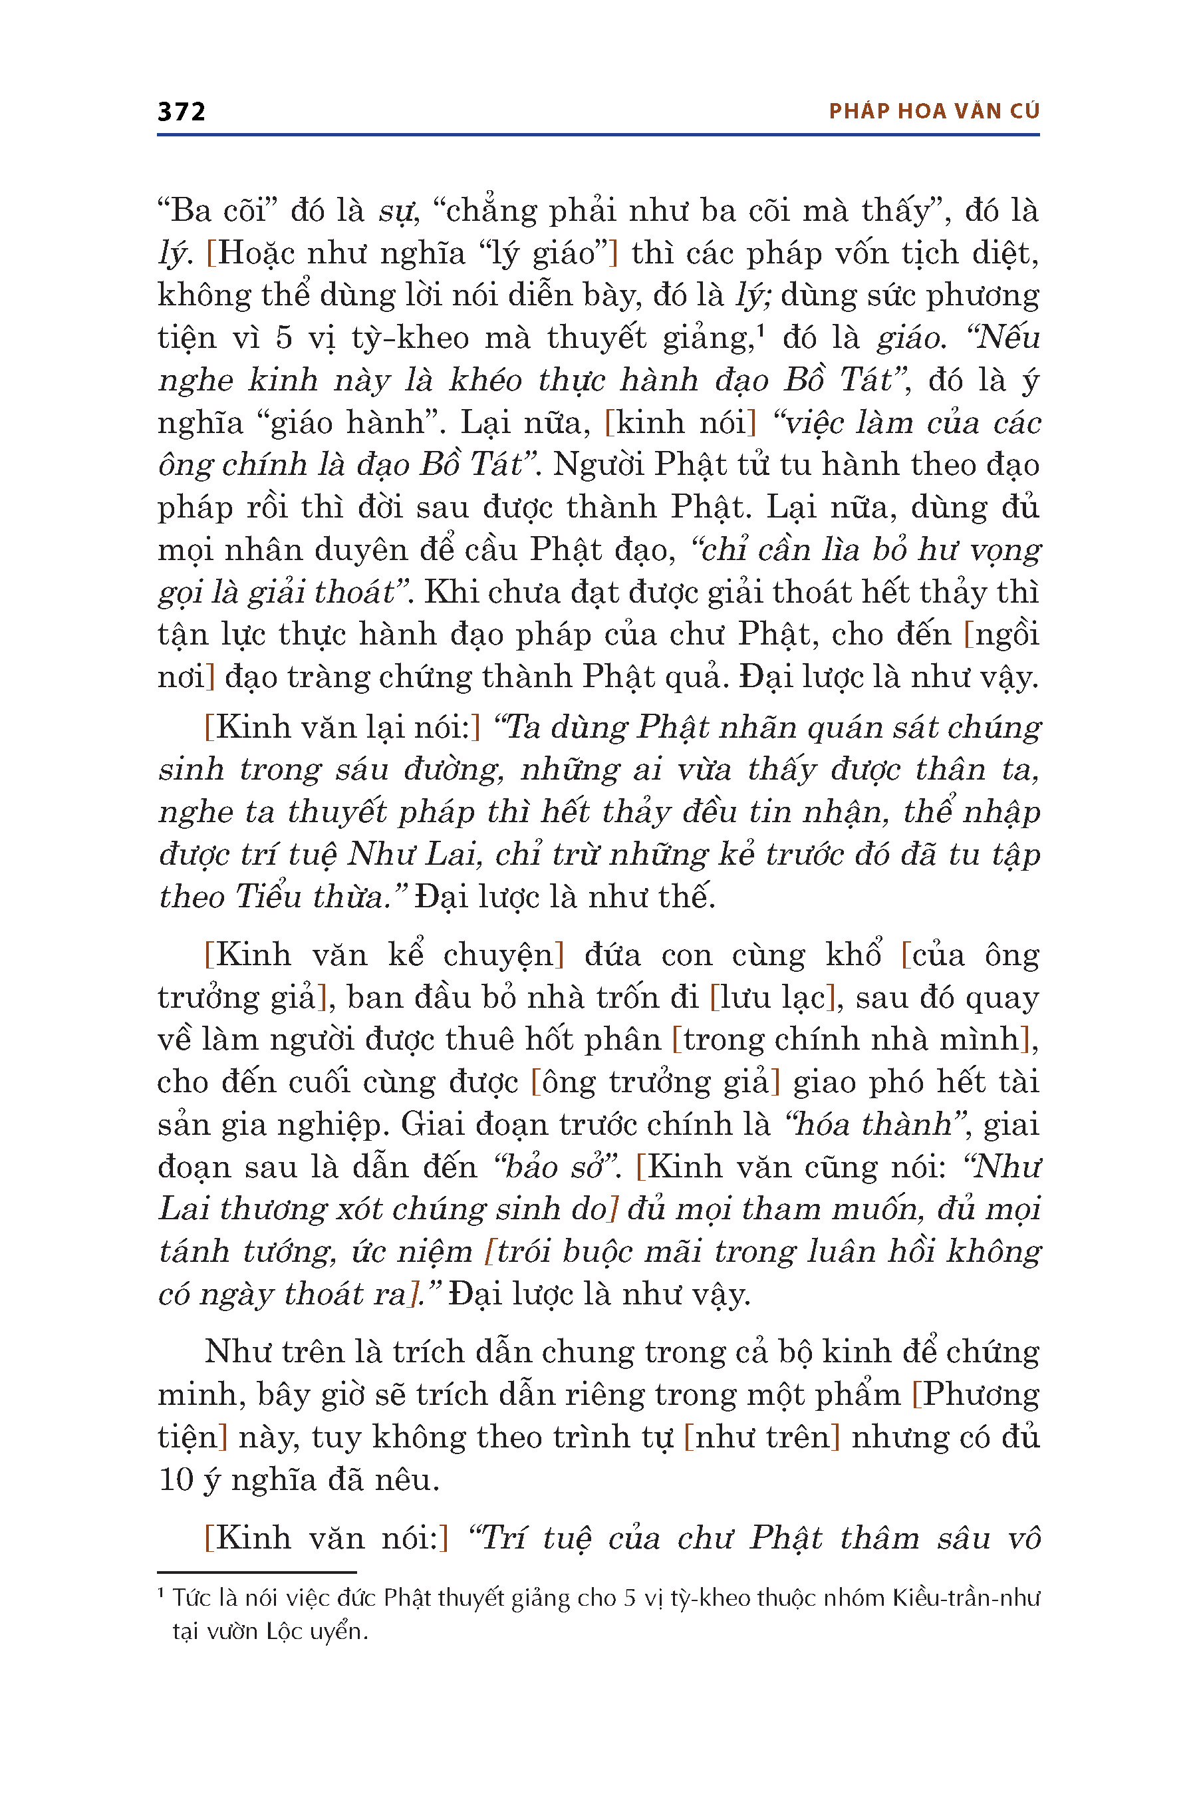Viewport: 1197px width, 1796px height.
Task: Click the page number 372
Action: point(181,112)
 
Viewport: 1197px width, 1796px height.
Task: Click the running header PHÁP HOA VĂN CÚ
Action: point(934,112)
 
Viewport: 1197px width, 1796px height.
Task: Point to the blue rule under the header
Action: point(598,135)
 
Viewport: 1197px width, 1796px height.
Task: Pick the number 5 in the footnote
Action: point(629,1598)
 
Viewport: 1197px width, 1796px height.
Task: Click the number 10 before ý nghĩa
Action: point(176,1480)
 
